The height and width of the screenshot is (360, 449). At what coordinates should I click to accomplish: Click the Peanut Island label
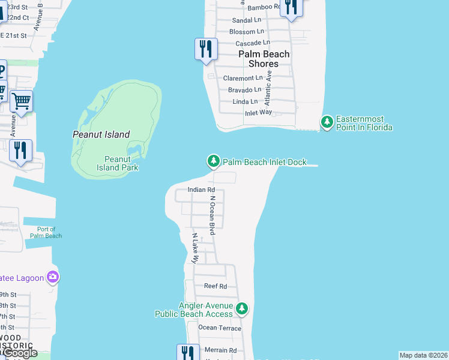[x=101, y=134]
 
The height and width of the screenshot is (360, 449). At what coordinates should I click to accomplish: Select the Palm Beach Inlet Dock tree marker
[x=213, y=161]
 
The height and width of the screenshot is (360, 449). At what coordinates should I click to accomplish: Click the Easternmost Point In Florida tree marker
[x=327, y=122]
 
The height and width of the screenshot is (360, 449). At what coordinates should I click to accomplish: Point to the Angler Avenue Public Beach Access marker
[x=242, y=309]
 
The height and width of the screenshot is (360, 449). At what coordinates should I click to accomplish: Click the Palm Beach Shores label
[x=264, y=59]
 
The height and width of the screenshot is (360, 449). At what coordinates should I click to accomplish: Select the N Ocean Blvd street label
[x=212, y=215]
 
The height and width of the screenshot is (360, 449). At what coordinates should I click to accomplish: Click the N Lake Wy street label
[x=194, y=248]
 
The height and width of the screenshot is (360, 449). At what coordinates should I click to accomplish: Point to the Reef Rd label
[x=215, y=286]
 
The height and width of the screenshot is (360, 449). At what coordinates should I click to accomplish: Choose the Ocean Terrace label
[x=220, y=328]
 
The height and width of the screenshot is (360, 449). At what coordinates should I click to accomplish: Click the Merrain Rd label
[x=220, y=350]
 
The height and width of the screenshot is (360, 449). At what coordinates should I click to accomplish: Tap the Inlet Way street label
[x=258, y=112]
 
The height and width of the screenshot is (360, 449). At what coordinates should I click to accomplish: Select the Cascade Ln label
[x=249, y=43]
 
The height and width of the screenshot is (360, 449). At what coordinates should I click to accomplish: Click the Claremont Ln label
[x=243, y=78]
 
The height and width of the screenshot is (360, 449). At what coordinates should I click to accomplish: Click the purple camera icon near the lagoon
[x=53, y=276]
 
